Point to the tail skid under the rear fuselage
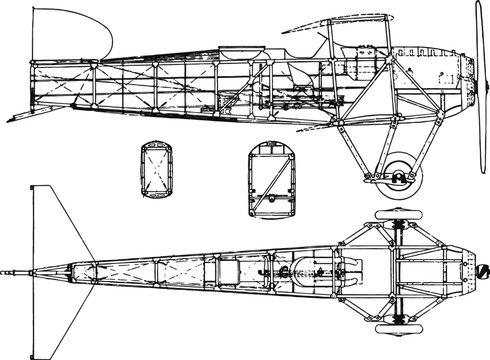click(24, 114)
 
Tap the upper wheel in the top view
click(387, 217)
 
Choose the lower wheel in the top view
click(387, 326)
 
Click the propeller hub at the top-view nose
click(479, 271)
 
